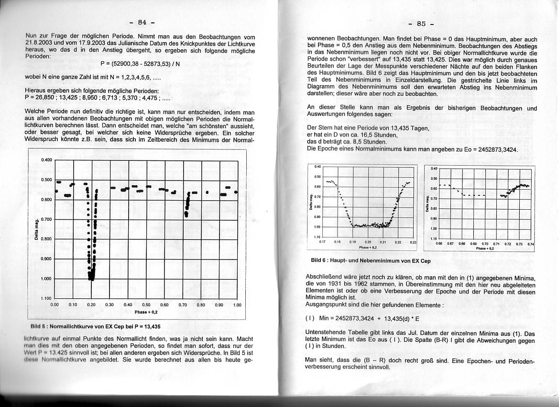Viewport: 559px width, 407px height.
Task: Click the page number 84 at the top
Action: coord(142,22)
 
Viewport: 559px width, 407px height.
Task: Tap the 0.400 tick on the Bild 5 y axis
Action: coord(46,160)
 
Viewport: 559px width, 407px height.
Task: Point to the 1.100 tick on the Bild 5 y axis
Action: coord(46,298)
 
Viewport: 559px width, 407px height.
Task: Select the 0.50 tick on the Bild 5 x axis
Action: coord(146,305)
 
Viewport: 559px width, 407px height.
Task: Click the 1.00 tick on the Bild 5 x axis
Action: coord(237,305)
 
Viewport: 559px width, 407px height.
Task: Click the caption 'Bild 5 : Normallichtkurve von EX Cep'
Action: coord(95,326)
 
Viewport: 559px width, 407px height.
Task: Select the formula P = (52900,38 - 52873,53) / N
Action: coord(140,64)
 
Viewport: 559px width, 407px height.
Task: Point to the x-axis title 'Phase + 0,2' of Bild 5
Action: coord(146,311)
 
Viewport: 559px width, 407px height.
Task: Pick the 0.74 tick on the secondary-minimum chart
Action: coord(530,244)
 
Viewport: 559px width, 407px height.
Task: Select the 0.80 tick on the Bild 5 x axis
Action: coord(201,305)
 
